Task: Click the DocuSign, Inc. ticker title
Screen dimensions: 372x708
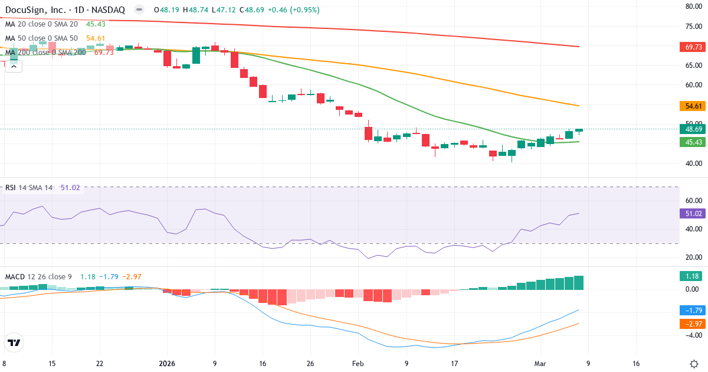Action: pos(65,10)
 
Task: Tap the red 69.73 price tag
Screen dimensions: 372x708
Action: pos(692,47)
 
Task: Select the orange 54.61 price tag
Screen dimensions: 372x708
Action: pos(692,106)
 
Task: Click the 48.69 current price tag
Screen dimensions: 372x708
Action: pos(692,129)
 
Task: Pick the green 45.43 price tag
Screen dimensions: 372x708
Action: pos(692,142)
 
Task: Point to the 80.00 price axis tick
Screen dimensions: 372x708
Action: pos(692,6)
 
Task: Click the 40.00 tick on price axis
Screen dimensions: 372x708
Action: pos(692,163)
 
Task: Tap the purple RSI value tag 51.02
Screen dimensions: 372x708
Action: pos(692,214)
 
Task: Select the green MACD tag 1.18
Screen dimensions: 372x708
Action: pos(692,276)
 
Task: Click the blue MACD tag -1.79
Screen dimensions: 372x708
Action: pos(692,310)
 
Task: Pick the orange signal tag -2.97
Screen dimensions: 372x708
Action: pos(692,324)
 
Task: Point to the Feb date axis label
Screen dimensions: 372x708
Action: pos(358,364)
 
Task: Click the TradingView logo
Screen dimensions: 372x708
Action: pos(14,342)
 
